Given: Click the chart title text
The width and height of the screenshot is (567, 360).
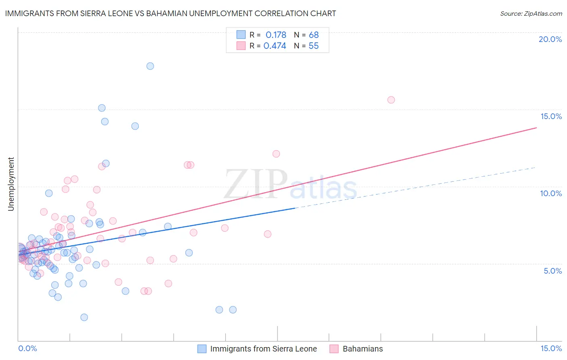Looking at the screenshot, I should click(x=170, y=14).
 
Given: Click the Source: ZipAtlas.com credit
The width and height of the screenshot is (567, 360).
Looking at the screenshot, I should click(x=531, y=14).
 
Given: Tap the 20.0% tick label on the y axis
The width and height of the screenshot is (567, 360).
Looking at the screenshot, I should click(x=550, y=39).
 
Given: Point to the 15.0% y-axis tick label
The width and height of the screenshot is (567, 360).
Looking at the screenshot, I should click(x=551, y=116).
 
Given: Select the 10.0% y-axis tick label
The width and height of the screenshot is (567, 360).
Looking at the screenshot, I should click(x=551, y=193).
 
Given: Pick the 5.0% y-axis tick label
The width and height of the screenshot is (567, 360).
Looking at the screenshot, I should click(x=552, y=271).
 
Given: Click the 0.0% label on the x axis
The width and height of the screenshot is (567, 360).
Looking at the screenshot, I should click(x=27, y=348).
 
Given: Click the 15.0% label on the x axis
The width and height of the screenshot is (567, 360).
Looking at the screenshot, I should click(x=551, y=348).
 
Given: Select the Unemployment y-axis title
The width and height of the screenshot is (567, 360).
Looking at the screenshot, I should click(x=11, y=184).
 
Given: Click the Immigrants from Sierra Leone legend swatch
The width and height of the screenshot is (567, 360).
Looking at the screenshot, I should click(x=202, y=349).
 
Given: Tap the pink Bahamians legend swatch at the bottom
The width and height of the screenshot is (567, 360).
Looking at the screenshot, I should click(x=334, y=349).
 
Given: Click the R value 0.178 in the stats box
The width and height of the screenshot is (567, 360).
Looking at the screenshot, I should click(x=276, y=35).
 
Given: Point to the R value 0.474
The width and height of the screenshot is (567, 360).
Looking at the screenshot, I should click(x=275, y=46).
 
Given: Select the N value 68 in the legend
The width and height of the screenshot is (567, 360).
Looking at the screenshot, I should click(x=314, y=35).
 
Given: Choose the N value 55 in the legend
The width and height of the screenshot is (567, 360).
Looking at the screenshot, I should click(x=314, y=46).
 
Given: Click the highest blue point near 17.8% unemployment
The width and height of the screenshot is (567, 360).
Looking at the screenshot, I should click(x=150, y=66).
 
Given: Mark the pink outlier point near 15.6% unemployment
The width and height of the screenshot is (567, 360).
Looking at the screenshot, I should click(x=391, y=100).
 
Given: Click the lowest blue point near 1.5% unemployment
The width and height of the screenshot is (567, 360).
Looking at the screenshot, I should click(x=84, y=317).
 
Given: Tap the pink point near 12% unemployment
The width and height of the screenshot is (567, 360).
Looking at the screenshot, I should click(x=276, y=154).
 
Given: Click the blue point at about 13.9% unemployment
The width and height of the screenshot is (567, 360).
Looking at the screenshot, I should click(x=135, y=126).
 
